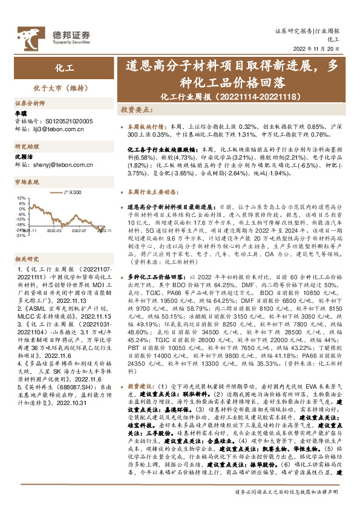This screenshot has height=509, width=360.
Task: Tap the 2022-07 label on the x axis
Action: (x=78, y=230)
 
